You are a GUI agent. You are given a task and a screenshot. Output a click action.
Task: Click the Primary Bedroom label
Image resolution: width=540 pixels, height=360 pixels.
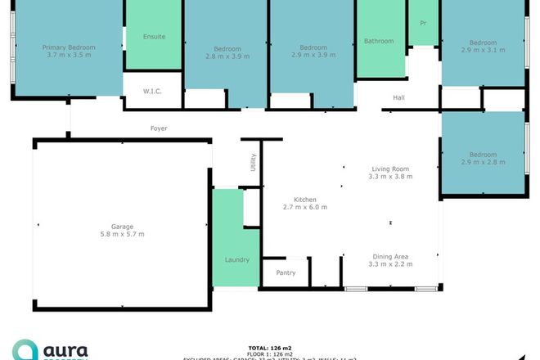(x=69, y=47)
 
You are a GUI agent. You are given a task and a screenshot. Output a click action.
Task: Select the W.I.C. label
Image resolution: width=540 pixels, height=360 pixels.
(x=151, y=91)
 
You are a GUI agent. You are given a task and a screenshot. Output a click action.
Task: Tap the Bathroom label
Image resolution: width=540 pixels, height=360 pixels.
(x=379, y=41)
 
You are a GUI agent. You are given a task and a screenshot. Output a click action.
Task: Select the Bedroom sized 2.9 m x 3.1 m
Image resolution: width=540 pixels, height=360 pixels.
(x=483, y=46)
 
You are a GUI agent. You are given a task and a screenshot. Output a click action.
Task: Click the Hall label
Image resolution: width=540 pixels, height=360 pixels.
(x=398, y=98)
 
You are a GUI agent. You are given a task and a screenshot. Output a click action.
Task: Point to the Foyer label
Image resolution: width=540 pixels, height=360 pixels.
(x=159, y=128)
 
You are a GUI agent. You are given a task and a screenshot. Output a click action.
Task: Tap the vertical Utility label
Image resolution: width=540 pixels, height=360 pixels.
(x=254, y=162)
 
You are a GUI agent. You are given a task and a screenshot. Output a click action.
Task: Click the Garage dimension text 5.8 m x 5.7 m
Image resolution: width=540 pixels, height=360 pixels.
(x=123, y=234)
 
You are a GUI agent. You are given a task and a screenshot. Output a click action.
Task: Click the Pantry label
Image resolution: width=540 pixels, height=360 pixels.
(x=286, y=272)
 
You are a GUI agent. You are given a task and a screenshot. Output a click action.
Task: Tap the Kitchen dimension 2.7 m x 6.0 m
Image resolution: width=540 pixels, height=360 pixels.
(x=305, y=207)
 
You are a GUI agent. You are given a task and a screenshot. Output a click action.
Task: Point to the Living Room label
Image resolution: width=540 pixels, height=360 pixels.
(x=389, y=169)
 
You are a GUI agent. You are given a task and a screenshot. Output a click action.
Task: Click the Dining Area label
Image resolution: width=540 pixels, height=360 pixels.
(x=390, y=257)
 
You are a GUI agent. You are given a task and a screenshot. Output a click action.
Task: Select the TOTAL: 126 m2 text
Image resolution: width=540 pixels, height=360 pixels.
(x=269, y=348)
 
